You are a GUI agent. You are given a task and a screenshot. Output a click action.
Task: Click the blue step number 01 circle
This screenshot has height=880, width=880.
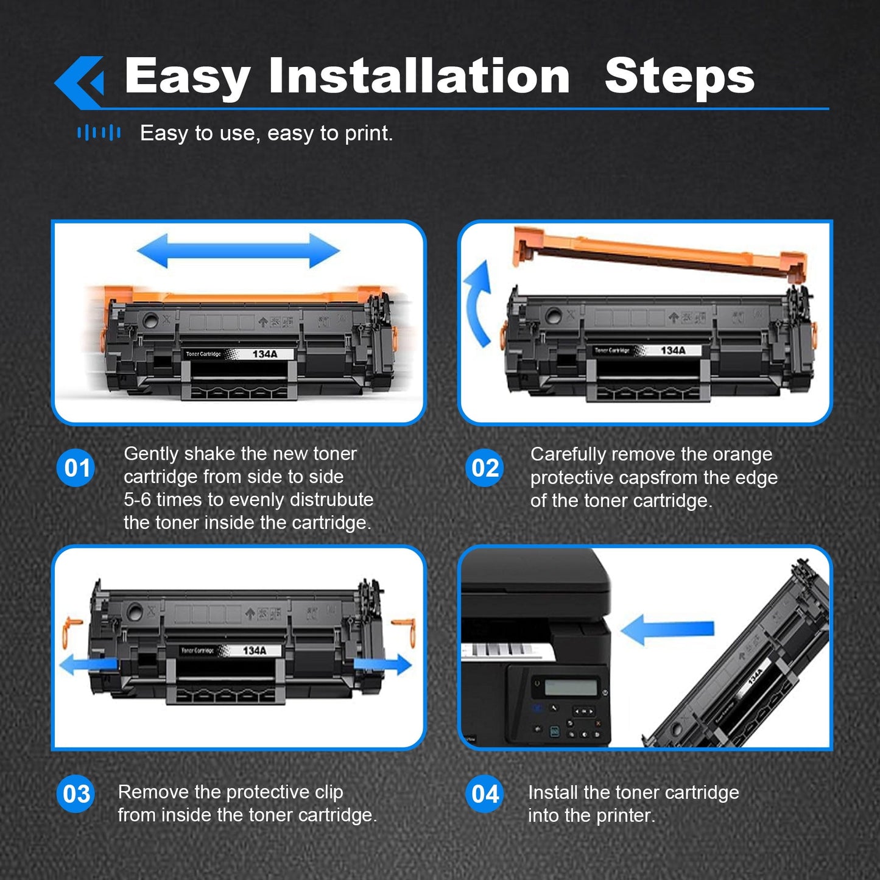[x=76, y=468]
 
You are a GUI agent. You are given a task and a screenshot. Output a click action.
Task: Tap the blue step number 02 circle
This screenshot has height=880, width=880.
[x=485, y=468]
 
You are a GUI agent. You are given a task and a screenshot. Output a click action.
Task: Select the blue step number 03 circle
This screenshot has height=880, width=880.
[x=76, y=794]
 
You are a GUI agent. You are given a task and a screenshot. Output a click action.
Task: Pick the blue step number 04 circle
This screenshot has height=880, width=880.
[x=485, y=794]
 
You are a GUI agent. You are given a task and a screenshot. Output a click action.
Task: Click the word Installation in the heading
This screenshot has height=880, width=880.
[x=419, y=76]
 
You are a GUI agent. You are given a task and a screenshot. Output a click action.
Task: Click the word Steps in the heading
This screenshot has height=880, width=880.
[x=679, y=76]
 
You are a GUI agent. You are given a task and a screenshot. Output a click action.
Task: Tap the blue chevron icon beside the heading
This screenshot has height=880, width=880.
[x=80, y=82]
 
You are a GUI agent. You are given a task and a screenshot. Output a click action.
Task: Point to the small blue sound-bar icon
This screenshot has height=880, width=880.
[x=99, y=133]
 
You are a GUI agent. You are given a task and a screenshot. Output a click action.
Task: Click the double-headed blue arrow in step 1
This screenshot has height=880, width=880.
[x=238, y=250]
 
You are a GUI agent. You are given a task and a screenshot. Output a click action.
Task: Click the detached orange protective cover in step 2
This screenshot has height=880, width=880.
[x=661, y=253]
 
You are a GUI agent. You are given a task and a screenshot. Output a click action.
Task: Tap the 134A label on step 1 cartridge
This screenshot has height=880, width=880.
[x=265, y=354]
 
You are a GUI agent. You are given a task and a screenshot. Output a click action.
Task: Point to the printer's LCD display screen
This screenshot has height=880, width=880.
[x=570, y=688]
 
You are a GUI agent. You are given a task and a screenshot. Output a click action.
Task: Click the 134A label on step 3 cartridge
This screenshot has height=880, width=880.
[x=255, y=650]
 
